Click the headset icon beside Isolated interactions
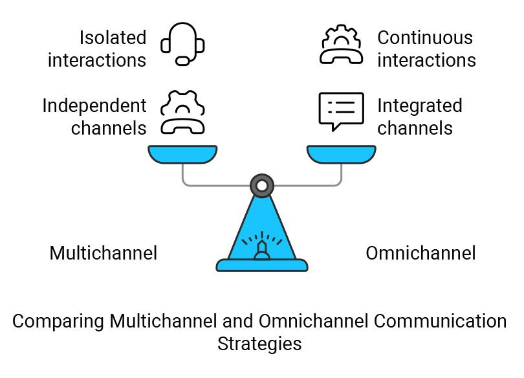[x=183, y=45]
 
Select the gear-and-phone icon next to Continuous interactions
[x=341, y=45]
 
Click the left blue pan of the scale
[x=183, y=154]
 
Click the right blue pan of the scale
[x=342, y=154]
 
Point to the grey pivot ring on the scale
[x=262, y=186]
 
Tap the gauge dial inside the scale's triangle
[x=262, y=244]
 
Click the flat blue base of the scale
[x=262, y=265]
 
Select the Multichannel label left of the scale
[x=104, y=253]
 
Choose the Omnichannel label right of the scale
[x=420, y=253]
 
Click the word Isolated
[x=113, y=38]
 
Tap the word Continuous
[x=425, y=38]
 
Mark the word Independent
[x=94, y=106]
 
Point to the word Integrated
[x=419, y=106]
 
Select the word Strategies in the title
[x=259, y=344]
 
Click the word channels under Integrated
[x=415, y=128]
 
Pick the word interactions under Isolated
[x=97, y=60]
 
